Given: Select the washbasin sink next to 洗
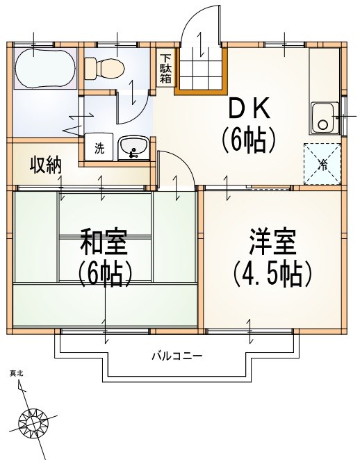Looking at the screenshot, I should click(x=132, y=147).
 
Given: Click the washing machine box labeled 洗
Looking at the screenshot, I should click(x=99, y=148).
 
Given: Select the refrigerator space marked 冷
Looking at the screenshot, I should click(x=322, y=165).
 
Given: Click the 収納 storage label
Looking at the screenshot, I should click(x=46, y=165).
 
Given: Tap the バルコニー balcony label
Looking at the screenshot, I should click(x=177, y=356).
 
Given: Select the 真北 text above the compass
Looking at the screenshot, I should click(x=16, y=374).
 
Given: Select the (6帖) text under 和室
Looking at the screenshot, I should click(x=104, y=274).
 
